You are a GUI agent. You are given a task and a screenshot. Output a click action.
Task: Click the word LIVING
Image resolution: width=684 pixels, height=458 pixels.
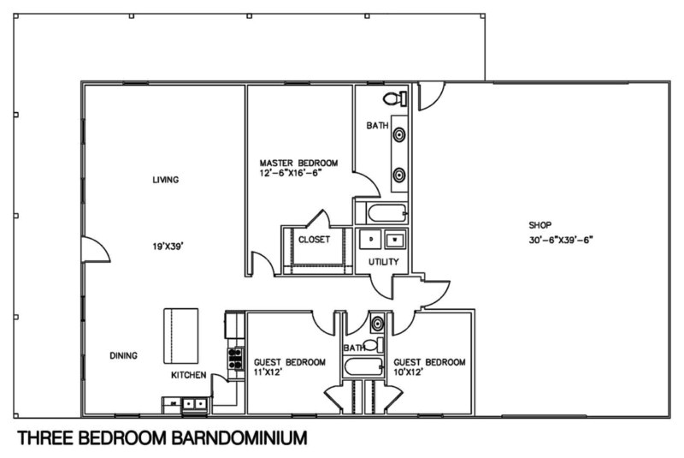[x=164, y=180]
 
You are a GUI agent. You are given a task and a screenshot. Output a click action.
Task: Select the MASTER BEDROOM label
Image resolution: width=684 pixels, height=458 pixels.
[x=298, y=163]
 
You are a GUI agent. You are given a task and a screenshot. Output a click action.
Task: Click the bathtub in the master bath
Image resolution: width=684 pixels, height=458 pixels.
[x=381, y=212]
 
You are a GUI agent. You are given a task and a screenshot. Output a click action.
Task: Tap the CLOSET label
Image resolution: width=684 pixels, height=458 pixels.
[x=314, y=240]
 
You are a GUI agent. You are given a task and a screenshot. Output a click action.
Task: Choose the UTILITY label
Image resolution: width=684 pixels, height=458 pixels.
[x=383, y=262]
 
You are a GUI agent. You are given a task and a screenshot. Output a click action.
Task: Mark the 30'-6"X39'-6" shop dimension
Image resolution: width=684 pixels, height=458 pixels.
[x=560, y=241]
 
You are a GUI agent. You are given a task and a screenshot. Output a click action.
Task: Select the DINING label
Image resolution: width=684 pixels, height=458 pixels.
[x=124, y=355]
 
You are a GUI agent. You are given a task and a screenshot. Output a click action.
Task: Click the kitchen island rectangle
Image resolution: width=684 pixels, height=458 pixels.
[x=181, y=336]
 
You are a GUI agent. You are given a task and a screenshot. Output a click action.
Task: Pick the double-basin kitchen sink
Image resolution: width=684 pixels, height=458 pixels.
[x=185, y=403]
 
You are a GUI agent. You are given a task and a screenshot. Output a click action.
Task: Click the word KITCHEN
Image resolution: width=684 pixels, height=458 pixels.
[x=188, y=375]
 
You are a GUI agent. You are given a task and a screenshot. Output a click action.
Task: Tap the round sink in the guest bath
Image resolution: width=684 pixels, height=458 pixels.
[x=377, y=324]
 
